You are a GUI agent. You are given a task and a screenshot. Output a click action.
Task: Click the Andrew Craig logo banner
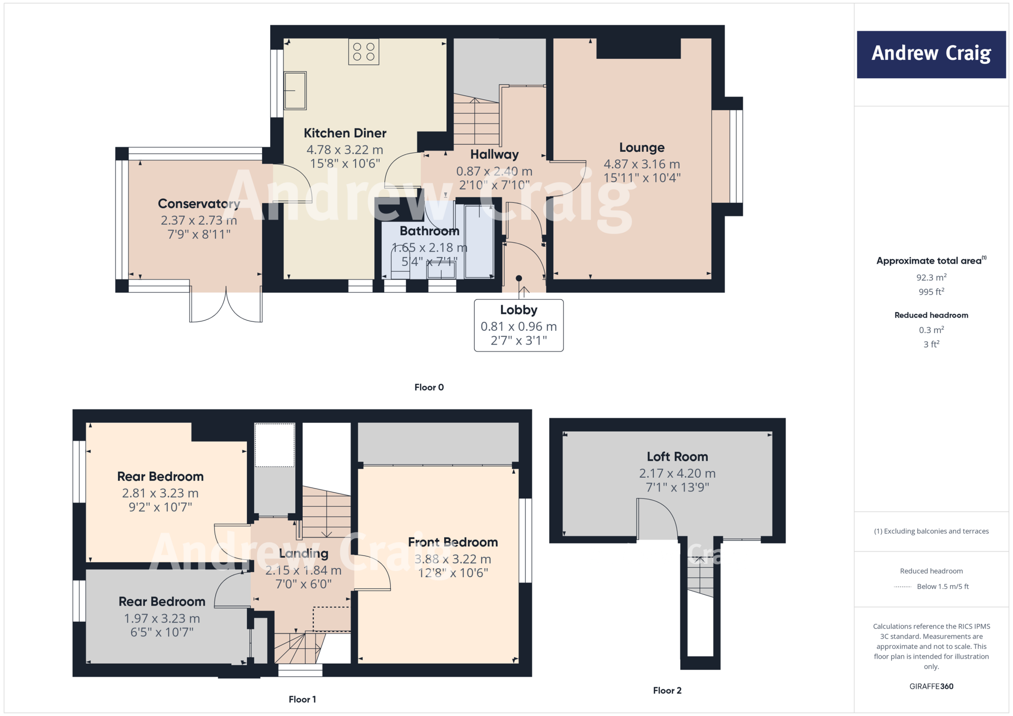pyautogui.click(x=931, y=54)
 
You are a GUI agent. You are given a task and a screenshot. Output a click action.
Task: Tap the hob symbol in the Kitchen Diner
pyautogui.click(x=364, y=52)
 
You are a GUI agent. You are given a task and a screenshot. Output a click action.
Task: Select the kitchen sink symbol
pyautogui.click(x=295, y=90)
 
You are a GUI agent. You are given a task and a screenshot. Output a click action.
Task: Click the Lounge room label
pyautogui.click(x=642, y=147)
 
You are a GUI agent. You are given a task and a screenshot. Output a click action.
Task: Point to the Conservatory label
pyautogui.click(x=198, y=204)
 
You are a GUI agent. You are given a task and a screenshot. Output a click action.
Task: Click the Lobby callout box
pyautogui.click(x=518, y=325)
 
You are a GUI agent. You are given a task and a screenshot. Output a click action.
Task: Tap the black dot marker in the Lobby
pyautogui.click(x=518, y=278)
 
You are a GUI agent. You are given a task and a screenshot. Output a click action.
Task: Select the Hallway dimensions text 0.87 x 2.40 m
pyautogui.click(x=494, y=171)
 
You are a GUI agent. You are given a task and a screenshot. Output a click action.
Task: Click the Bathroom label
pyautogui.click(x=429, y=231)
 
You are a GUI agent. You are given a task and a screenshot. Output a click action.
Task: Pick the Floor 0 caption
pyautogui.click(x=429, y=387)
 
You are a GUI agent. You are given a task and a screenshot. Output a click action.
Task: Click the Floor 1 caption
pyautogui.click(x=302, y=699)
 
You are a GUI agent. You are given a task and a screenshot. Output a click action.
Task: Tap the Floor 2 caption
pyautogui.click(x=667, y=690)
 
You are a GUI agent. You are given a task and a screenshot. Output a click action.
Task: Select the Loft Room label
pyautogui.click(x=677, y=456)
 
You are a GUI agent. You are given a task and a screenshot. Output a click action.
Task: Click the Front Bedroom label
pyautogui.click(x=453, y=542)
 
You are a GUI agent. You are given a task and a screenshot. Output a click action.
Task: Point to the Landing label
pyautogui.click(x=303, y=553)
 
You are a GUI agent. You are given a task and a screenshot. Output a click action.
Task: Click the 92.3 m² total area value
pyautogui.click(x=931, y=277)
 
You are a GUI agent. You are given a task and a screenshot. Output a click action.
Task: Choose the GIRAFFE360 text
pyautogui.click(x=931, y=686)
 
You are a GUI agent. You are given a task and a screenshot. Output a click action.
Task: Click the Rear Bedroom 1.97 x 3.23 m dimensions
pyautogui.click(x=162, y=619)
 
